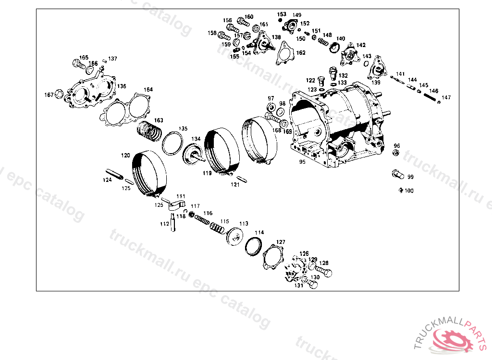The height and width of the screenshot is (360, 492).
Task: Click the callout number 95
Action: click(x=302, y=162)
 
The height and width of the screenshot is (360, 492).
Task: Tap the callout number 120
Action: click(x=125, y=156)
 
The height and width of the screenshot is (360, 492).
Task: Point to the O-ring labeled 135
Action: click(x=172, y=144)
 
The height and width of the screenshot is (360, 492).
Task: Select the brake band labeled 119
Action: click(x=221, y=150)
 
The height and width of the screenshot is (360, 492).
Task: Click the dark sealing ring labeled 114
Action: click(x=253, y=245)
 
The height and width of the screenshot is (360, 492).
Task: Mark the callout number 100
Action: click(x=409, y=191)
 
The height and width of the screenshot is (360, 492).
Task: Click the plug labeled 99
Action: click(x=397, y=173)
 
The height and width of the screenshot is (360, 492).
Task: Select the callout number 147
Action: click(x=447, y=98)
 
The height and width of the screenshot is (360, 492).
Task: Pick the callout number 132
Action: click(x=343, y=76)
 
